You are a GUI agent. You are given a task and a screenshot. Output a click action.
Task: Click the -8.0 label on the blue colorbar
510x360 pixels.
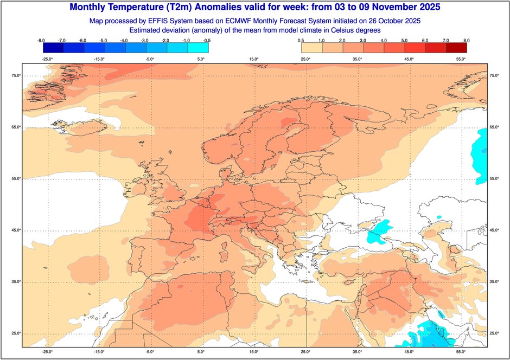(40, 41)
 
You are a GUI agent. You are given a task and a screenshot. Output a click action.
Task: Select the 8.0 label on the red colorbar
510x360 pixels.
(466, 41)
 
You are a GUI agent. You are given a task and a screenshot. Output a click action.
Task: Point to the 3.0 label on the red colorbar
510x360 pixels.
(362, 41)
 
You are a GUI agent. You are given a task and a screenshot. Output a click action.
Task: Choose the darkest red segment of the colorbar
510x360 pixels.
(456, 48)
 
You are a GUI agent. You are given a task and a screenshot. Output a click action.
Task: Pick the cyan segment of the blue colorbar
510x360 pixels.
(198, 48)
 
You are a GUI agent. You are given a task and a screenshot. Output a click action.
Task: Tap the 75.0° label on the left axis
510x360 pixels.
(16, 76)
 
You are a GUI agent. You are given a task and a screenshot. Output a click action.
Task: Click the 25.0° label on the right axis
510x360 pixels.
(494, 333)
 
